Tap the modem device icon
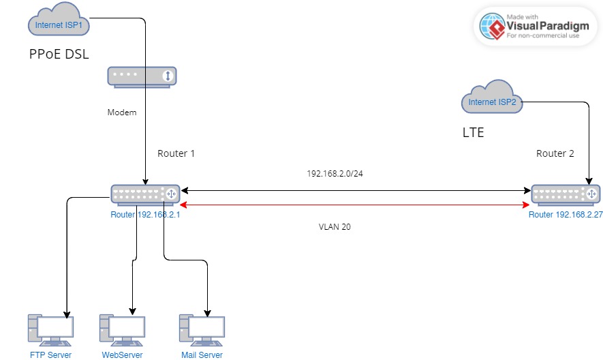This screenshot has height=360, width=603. (x=142, y=76)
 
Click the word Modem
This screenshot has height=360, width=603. (x=122, y=112)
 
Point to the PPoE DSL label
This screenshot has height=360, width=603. (x=59, y=55)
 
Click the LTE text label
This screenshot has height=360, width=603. (x=473, y=132)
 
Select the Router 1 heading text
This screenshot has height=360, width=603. (x=176, y=153)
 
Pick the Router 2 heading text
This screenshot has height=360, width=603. (x=555, y=153)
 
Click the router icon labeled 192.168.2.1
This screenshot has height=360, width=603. (x=145, y=194)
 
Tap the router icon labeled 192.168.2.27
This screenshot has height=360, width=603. (x=565, y=195)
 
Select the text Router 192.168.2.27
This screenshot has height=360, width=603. (x=565, y=214)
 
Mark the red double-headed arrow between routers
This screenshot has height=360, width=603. (x=354, y=205)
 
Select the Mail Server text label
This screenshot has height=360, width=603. (x=202, y=355)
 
